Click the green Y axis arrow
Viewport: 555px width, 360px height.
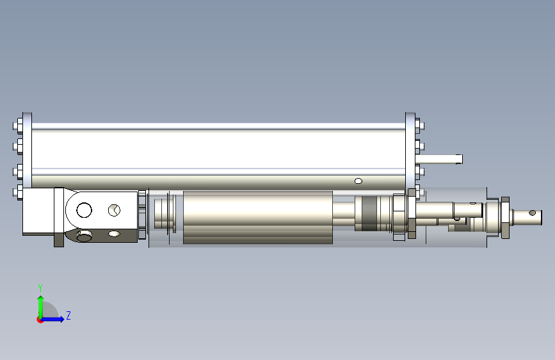(x=41, y=307)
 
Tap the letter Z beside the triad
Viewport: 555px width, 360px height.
(x=68, y=315)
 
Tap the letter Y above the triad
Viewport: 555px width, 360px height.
(x=40, y=288)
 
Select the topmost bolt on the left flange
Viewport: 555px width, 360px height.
(x=19, y=126)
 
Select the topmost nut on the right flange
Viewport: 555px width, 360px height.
(x=420, y=126)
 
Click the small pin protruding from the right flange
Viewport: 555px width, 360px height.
(x=439, y=160)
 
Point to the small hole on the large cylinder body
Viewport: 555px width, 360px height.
(x=358, y=181)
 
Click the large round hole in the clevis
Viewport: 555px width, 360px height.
(x=84, y=210)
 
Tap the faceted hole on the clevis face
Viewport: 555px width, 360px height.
(x=114, y=210)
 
